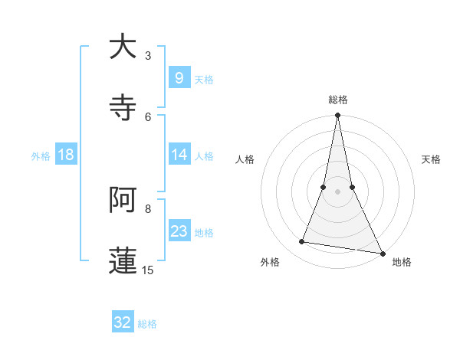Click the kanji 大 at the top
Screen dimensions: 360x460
tap(123, 47)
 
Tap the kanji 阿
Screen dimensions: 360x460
tap(123, 200)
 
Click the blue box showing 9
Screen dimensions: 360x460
tap(179, 77)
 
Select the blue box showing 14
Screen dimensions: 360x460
tap(179, 155)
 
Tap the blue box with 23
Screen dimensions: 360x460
tap(179, 231)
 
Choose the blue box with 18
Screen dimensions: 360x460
tap(66, 155)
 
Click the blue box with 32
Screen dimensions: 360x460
tap(123, 322)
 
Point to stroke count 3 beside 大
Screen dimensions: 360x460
tap(148, 55)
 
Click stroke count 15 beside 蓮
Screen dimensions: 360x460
tap(148, 270)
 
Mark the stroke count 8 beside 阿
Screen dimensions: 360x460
tap(148, 208)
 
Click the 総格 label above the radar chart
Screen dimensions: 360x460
tap(338, 100)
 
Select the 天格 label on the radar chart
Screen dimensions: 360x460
tap(431, 159)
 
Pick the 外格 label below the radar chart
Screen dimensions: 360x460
tap(270, 262)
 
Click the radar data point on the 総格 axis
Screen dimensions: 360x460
tap(338, 116)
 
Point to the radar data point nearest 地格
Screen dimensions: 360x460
tap(383, 253)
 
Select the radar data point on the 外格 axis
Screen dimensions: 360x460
tap(302, 242)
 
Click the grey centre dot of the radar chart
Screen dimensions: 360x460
tap(338, 191)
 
